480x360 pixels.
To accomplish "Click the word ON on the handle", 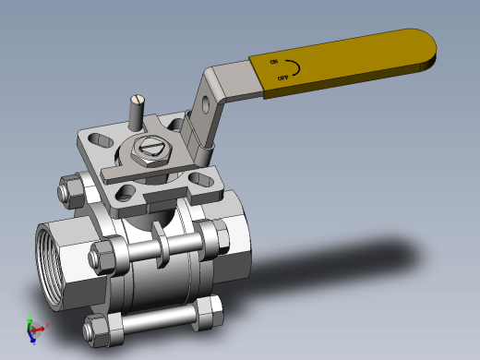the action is tap(274, 62).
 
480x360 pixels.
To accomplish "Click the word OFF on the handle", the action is tap(283, 78).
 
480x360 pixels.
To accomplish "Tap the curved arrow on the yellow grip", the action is tap(294, 67).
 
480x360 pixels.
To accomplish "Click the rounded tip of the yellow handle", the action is tap(429, 49).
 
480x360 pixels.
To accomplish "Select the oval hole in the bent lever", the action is tap(205, 104).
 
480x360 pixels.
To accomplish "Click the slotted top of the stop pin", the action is tap(138, 99).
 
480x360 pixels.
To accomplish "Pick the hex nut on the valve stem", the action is tap(150, 151).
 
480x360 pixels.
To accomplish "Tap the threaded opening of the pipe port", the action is tap(48, 264).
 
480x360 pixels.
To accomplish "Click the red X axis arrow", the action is tap(38, 330).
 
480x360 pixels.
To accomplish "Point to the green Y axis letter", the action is tap(30, 314).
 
